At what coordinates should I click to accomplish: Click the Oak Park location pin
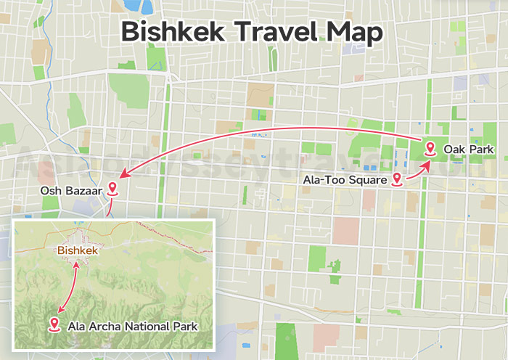[430, 150]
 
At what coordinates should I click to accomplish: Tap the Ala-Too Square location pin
[397, 179]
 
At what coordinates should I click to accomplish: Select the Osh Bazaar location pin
[112, 189]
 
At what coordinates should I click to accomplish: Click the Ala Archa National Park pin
[54, 324]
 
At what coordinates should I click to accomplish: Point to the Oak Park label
[468, 150]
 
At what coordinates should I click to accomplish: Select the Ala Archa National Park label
[132, 327]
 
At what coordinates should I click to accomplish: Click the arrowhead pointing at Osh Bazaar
[123, 175]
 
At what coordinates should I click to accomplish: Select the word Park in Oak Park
[481, 150]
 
